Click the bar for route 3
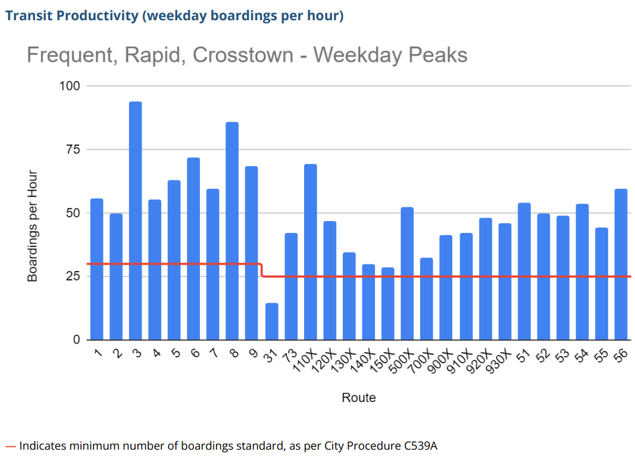tap(136, 220)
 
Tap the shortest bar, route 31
tap(271, 322)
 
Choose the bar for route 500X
tap(407, 273)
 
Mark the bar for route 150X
tap(387, 304)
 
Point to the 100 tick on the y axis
tap(69, 86)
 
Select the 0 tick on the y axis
tap(76, 340)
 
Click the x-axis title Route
tap(358, 397)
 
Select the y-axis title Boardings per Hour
tap(33, 226)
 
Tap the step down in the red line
tap(262, 270)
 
